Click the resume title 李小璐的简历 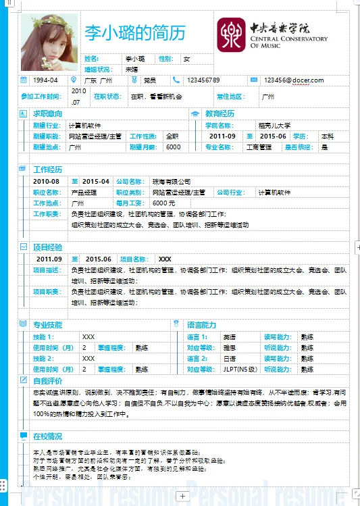134,32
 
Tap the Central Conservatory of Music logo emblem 231,34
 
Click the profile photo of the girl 50,41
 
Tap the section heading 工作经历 48,170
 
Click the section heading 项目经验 48,247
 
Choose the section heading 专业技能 48,325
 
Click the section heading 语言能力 202,325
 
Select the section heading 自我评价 48,381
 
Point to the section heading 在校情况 48,436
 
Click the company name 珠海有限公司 172,182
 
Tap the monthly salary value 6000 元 163,203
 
